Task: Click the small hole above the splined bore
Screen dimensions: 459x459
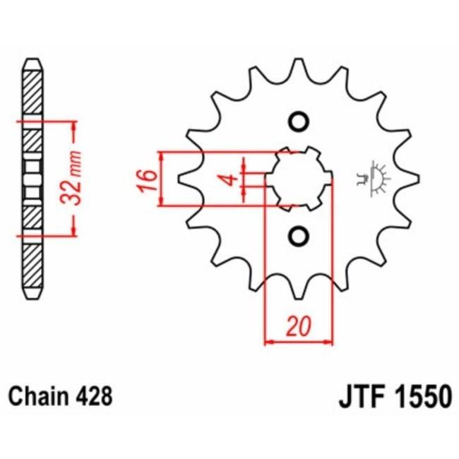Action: (x=298, y=121)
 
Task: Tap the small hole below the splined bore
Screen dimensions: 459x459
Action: (x=298, y=235)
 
